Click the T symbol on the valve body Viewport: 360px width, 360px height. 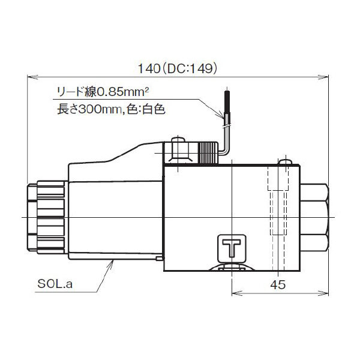pyautogui.click(x=231, y=248)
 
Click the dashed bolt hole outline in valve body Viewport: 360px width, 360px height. pyautogui.click(x=276, y=204)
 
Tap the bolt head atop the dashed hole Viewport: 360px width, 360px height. pyautogui.click(x=285, y=162)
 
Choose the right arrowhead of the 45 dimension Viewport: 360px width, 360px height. pyautogui.click(x=327, y=293)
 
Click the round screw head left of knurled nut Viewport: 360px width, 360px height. pyautogui.click(x=178, y=144)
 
